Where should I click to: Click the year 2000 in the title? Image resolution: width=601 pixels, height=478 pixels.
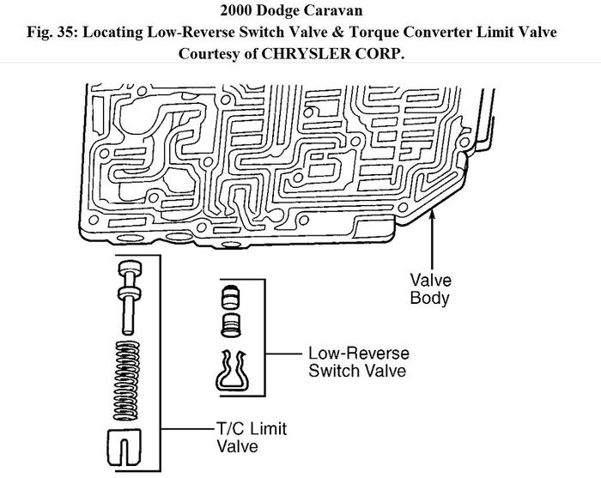tap(235, 12)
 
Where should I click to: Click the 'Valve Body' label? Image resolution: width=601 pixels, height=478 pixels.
tap(430, 289)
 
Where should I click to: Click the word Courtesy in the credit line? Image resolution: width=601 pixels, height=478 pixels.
tap(211, 53)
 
